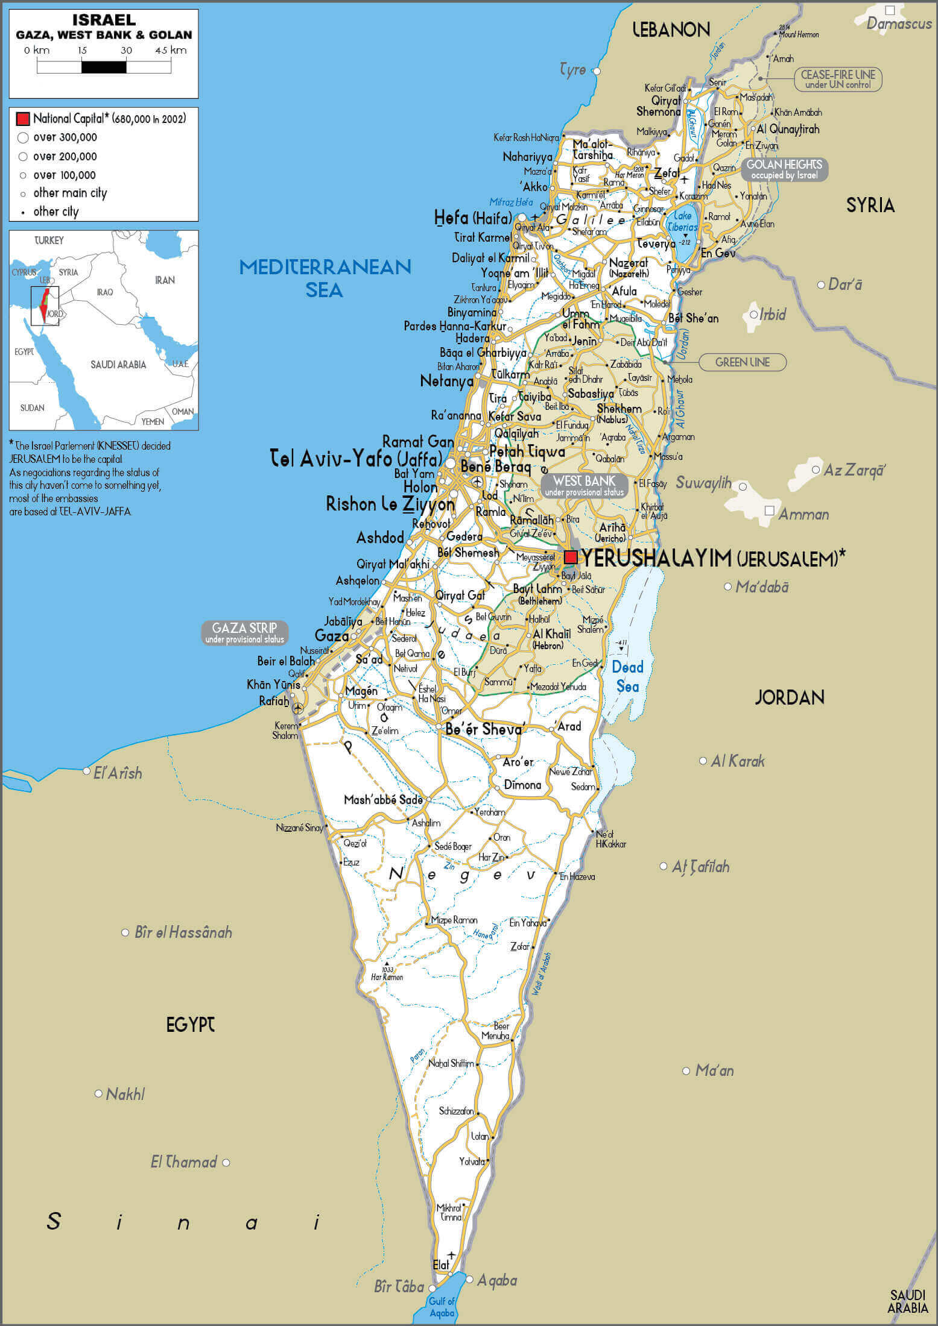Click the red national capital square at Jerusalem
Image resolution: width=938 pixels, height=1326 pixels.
pyautogui.click(x=570, y=556)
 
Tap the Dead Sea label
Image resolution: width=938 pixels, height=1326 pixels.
pyautogui.click(x=627, y=676)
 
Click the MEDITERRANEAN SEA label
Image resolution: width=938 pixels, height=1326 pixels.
pyautogui.click(x=325, y=278)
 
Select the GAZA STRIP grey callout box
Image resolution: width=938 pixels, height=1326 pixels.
pyautogui.click(x=244, y=633)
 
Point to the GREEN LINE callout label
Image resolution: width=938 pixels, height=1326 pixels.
pyautogui.click(x=742, y=362)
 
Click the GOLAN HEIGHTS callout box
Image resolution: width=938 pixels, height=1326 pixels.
pyautogui.click(x=784, y=169)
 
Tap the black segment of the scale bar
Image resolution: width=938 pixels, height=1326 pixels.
pyautogui.click(x=104, y=67)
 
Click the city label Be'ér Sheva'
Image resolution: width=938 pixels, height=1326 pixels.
pyautogui.click(x=483, y=729)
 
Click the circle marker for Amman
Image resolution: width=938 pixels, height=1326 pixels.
pyautogui.click(x=769, y=511)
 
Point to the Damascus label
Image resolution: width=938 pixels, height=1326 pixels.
pyautogui.click(x=899, y=24)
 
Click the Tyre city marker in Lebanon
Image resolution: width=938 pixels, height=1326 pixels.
pyautogui.click(x=597, y=71)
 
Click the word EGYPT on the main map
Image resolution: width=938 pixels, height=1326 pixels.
pyautogui.click(x=191, y=1024)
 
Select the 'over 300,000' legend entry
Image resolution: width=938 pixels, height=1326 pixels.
pyautogui.click(x=65, y=137)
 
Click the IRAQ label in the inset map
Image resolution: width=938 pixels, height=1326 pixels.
pyautogui.click(x=105, y=292)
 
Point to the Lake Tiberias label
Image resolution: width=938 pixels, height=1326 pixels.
pyautogui.click(x=683, y=221)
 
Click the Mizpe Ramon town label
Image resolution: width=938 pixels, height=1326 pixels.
pyautogui.click(x=454, y=920)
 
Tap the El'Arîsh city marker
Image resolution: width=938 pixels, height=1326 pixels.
pyautogui.click(x=87, y=771)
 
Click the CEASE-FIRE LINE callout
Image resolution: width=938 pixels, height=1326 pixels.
pyautogui.click(x=838, y=79)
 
